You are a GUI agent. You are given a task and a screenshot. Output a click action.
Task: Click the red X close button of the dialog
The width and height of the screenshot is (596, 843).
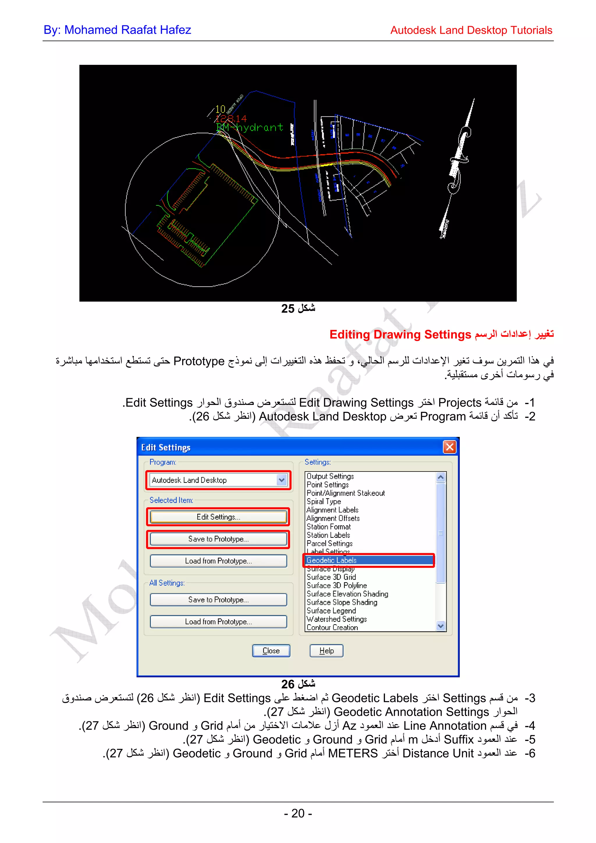(x=450, y=447)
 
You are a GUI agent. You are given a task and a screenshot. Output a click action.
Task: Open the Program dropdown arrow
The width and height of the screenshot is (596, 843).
(x=282, y=480)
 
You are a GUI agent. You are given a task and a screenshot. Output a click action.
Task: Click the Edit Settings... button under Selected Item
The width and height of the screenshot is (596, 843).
(x=218, y=517)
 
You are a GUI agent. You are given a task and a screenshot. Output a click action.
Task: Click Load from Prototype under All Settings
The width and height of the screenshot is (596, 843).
(x=218, y=622)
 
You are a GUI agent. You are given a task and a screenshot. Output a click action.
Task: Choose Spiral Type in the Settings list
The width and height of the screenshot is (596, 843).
(x=324, y=501)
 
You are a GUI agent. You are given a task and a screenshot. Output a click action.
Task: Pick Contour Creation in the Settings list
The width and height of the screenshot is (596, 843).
(x=332, y=627)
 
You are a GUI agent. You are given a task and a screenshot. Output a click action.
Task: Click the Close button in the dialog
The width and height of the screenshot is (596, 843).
(x=271, y=651)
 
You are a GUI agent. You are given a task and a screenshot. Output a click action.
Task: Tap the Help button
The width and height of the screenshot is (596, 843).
(x=327, y=651)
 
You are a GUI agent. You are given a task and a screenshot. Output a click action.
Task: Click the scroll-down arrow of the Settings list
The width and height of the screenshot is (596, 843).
(x=441, y=626)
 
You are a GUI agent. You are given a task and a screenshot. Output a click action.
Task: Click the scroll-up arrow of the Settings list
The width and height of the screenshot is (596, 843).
(x=441, y=477)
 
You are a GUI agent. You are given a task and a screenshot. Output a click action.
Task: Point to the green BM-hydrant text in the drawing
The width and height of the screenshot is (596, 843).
(x=250, y=127)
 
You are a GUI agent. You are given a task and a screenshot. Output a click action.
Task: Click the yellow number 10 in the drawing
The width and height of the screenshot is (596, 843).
(x=220, y=109)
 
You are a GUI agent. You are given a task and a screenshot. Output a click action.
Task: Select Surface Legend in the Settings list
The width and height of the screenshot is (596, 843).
(x=331, y=611)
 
